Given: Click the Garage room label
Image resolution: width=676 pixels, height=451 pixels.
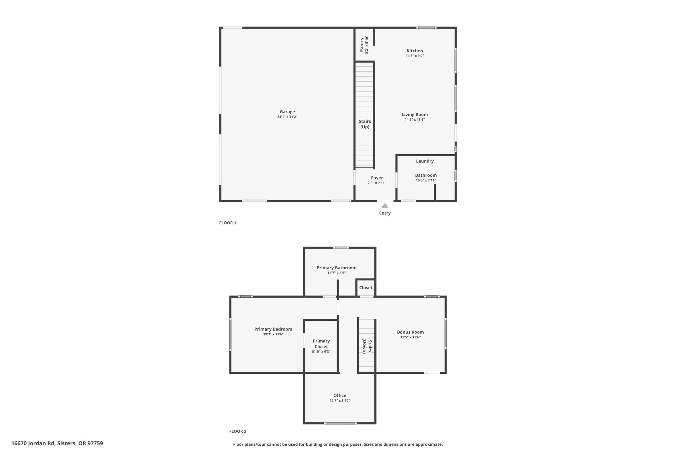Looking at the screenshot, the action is [287, 112].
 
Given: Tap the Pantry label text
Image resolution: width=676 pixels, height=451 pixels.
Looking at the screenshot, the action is [362, 45].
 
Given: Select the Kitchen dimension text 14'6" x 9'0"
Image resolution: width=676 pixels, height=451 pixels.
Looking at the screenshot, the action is [415, 56].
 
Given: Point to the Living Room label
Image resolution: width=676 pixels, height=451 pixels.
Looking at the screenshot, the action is [415, 114].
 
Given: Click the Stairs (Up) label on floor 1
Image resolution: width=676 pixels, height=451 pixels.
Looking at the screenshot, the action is [365, 124].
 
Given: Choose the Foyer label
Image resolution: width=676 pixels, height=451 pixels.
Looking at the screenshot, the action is [377, 178].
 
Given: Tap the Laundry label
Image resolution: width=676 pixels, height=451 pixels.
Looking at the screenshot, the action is [425, 161].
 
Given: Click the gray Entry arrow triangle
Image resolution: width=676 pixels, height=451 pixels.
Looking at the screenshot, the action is [385, 206].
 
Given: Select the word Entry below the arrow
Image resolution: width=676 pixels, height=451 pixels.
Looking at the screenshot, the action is [385, 213].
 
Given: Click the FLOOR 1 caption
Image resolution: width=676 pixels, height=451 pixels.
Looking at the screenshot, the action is [228, 223].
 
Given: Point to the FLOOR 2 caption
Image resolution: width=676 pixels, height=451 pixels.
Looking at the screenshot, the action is [238, 431].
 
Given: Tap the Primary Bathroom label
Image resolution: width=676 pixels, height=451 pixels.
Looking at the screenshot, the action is [336, 268].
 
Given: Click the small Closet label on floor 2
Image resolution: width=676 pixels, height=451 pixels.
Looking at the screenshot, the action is [366, 287].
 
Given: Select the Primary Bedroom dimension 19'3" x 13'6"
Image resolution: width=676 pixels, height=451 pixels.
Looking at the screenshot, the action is [273, 334].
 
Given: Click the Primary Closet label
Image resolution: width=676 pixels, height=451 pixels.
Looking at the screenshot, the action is [321, 344].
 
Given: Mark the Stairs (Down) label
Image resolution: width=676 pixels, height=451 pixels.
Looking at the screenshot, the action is [367, 347].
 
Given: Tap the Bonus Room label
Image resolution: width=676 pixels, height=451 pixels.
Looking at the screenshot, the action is [410, 332].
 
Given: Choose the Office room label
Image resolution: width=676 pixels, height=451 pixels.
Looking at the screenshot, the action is [340, 395].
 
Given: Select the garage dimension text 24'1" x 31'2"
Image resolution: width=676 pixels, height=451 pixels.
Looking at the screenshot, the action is [287, 117].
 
